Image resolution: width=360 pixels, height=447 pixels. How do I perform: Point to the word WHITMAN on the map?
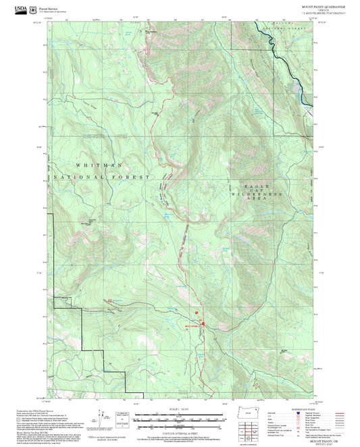coord(98,165)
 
